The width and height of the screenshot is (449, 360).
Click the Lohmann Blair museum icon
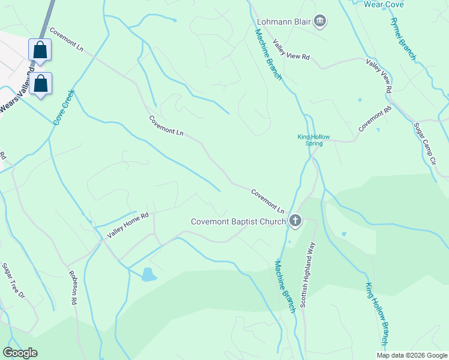coord(320,22)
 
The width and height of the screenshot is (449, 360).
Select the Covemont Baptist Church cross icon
coord(295,221)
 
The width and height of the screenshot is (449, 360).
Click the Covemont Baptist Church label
coord(238,221)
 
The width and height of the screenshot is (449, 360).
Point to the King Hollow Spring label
coord(314,140)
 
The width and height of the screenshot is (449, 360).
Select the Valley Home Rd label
coord(128,224)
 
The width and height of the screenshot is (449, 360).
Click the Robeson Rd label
coord(74,289)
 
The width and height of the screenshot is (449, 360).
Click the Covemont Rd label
coord(375,119)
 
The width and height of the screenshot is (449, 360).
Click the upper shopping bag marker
coord(40,50)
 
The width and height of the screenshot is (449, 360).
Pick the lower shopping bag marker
coord(41,84)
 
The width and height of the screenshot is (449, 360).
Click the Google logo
coord(20,353)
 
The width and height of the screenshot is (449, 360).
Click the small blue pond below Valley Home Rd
coord(147,275)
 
